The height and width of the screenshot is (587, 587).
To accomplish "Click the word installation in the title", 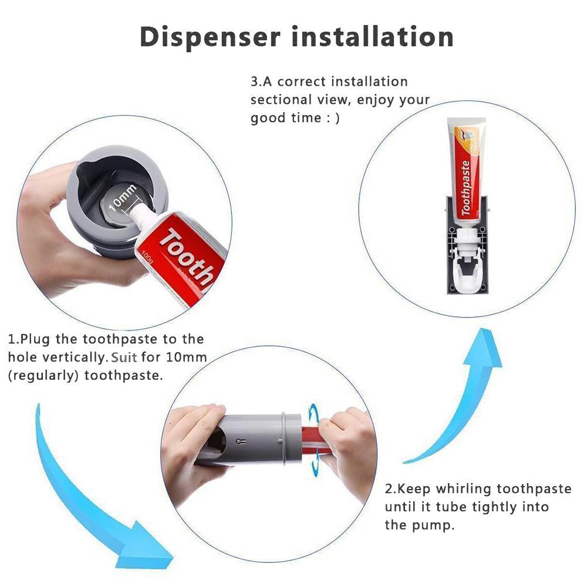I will coord(373,36).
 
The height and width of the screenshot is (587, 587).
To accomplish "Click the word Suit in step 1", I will coord(124,357).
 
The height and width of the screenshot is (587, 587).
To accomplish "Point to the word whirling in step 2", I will coord(460,489).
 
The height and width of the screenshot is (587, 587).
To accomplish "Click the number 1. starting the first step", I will coord(13,339).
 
